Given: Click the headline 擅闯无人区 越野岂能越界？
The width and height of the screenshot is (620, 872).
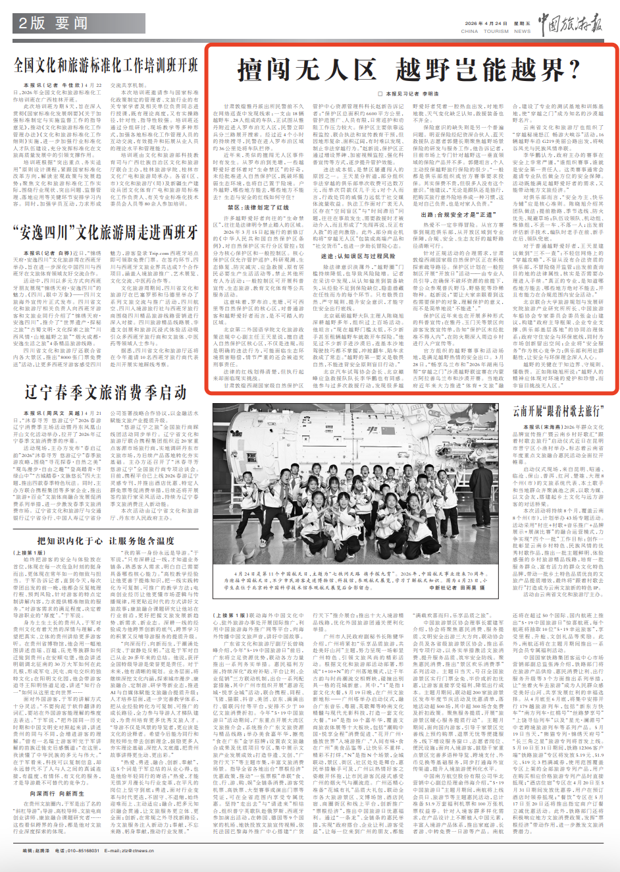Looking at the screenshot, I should [408, 70].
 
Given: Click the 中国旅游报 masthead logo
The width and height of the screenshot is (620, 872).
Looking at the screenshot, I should [570, 24].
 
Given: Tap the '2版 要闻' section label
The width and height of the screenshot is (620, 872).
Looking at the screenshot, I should [53, 24].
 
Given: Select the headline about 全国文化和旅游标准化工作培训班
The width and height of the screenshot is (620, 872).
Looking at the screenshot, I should [105, 65].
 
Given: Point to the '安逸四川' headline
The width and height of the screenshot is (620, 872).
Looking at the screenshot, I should [105, 232].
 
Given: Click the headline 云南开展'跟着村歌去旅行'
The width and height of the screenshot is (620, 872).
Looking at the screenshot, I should [557, 412].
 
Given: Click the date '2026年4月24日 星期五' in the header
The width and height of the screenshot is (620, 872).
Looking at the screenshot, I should [497, 24].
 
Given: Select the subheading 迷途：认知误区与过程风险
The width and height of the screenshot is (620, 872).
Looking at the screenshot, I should [358, 256].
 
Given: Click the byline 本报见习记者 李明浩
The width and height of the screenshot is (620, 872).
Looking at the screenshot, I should [412, 94].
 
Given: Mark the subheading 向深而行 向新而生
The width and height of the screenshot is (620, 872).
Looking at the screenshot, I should [53, 794].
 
